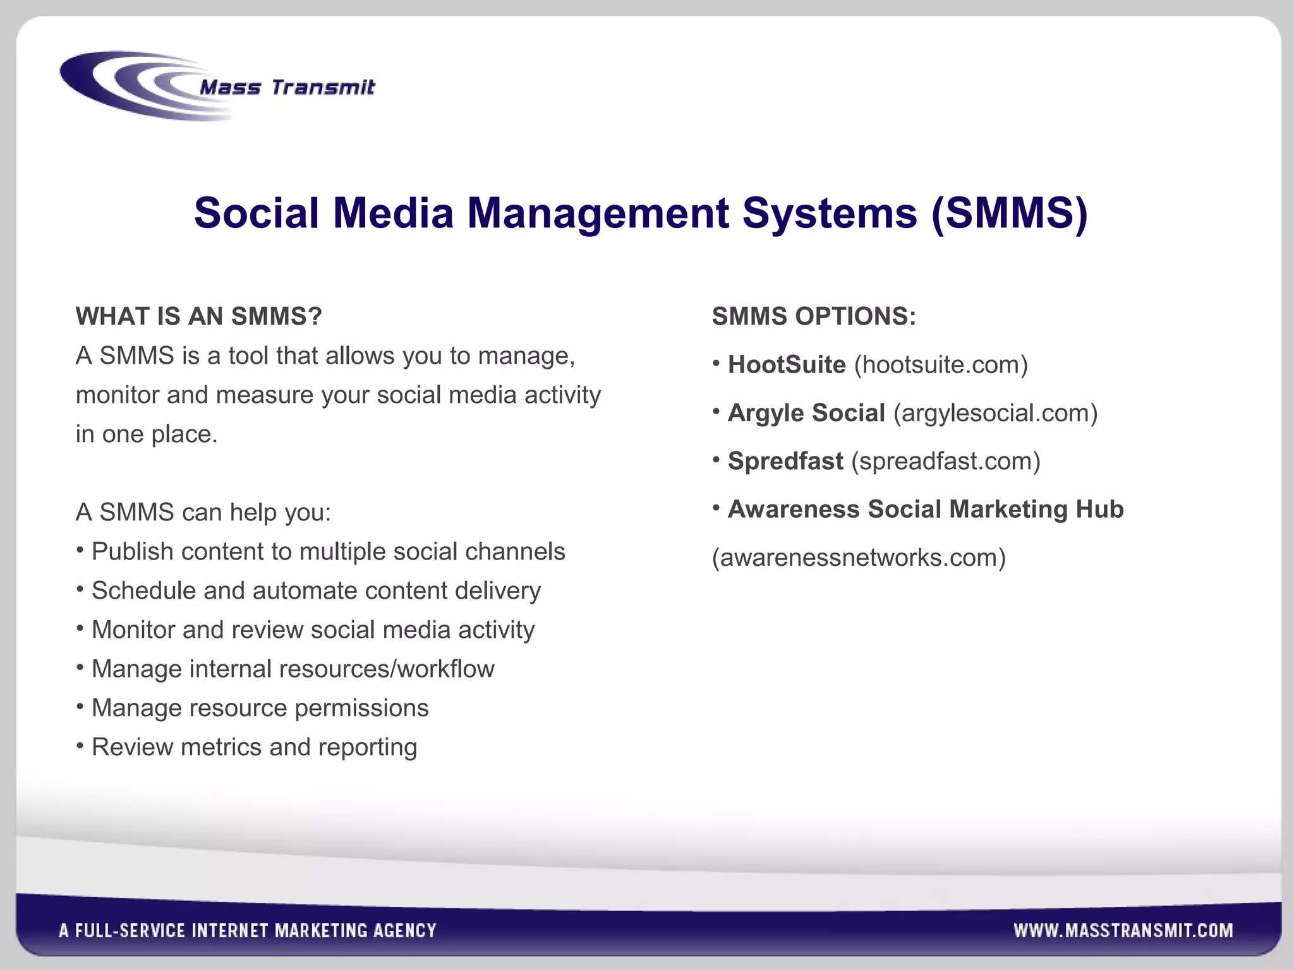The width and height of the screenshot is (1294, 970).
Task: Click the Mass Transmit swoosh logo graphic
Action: tap(126, 85)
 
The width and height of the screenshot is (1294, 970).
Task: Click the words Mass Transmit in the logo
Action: tap(287, 87)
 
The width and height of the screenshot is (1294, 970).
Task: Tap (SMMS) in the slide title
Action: tap(1009, 213)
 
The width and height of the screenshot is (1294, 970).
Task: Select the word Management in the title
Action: tap(598, 213)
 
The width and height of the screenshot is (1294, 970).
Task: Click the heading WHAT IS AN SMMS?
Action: tap(198, 316)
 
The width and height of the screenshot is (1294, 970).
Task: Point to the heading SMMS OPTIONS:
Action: tap(814, 316)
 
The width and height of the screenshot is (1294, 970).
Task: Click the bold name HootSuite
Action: tap(787, 365)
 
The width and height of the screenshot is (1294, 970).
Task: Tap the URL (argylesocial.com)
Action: tap(995, 413)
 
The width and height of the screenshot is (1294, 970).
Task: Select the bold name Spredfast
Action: tap(785, 461)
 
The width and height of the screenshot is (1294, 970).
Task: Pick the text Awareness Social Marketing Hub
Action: tap(926, 509)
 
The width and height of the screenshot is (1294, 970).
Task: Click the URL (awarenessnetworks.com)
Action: tap(859, 558)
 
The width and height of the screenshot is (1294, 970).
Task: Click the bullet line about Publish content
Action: tap(328, 551)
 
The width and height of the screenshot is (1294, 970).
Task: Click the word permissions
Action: tap(361, 708)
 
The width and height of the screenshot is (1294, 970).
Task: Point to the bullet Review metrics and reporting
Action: tap(254, 747)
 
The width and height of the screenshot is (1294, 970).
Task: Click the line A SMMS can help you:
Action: tap(203, 512)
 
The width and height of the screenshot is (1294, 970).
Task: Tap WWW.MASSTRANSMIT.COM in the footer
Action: tap(1123, 931)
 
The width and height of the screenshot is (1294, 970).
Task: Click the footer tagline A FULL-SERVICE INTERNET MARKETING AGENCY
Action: tap(248, 931)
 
